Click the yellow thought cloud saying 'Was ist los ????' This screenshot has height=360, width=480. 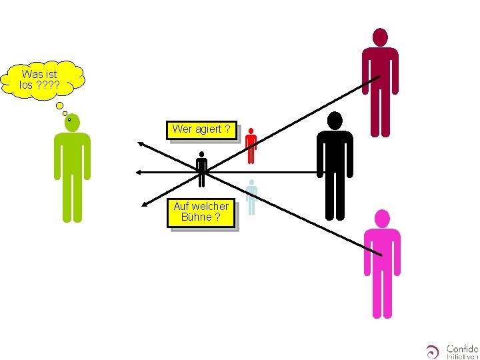pos(41,79)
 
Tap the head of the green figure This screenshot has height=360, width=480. pos(72,122)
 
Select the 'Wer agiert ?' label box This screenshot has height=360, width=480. pos(201,129)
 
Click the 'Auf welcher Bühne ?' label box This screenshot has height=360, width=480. pos(201,212)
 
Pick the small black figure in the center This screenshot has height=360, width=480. pos(201,170)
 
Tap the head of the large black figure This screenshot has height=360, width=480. pos(334,120)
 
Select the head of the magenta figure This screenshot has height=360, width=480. pos(382,219)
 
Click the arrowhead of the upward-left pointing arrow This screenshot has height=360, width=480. pos(141,142)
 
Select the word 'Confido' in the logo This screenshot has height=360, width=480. pos(461,347)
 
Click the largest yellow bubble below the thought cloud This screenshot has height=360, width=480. pos(59,105)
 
